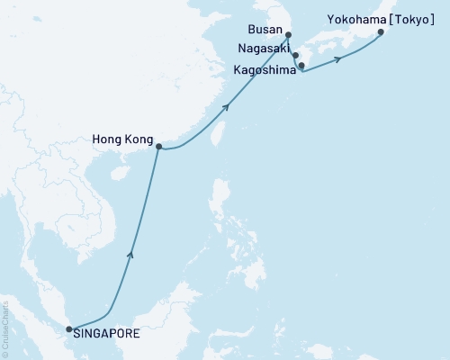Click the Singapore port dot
pyautogui.click(x=69, y=329)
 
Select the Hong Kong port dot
pyautogui.click(x=159, y=147)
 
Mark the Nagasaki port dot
pyautogui.click(x=295, y=55)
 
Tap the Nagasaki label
pyautogui.click(x=262, y=54)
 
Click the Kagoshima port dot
pyautogui.click(x=301, y=66)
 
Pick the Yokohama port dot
pyautogui.click(x=381, y=32)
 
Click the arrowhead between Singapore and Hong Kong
pyautogui.click(x=132, y=255)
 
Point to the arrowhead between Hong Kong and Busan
pyautogui.click(x=226, y=107)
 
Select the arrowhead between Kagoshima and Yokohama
pyautogui.click(x=337, y=59)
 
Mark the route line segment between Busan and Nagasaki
pyautogui.click(x=291, y=46)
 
